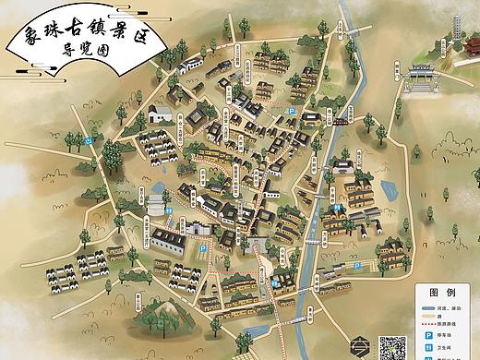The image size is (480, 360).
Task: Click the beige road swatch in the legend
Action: [x=428, y=316]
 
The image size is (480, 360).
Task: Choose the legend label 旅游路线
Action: [x=450, y=324]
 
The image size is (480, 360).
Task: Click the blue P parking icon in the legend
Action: [x=428, y=336]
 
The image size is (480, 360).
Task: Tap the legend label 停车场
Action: [x=447, y=336]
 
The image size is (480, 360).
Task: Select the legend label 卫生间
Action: [x=447, y=348]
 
